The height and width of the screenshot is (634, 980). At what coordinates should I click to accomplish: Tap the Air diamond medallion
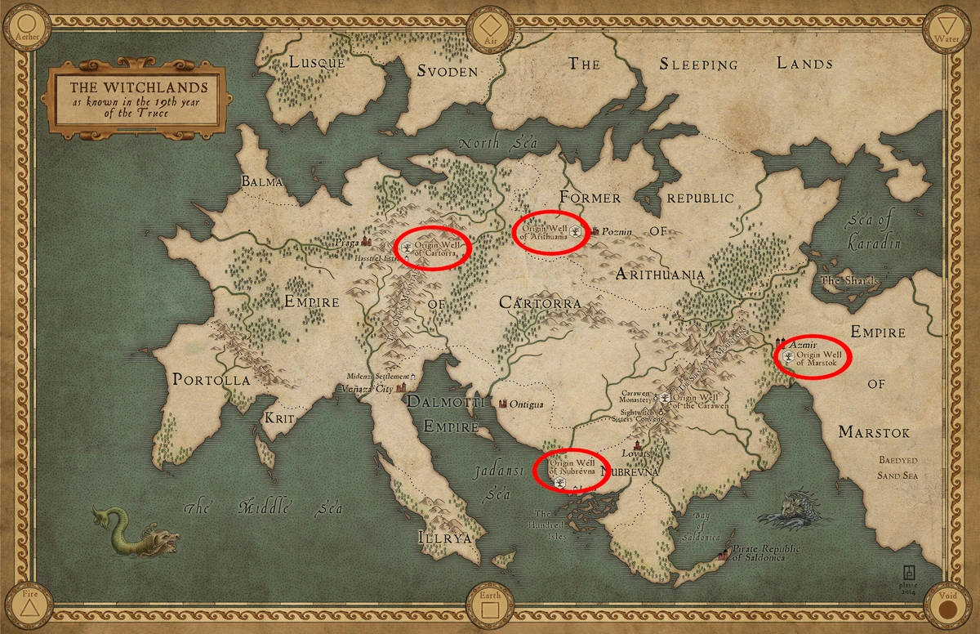[x=489, y=25]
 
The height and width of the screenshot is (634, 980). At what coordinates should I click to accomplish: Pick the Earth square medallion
[x=489, y=609]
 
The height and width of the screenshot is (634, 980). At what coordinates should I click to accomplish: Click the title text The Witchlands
[x=137, y=87]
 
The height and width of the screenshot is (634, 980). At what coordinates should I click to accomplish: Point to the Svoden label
[x=447, y=71]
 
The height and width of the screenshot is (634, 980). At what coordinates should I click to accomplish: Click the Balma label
[x=261, y=181]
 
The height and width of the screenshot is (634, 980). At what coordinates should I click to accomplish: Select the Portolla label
[x=211, y=380]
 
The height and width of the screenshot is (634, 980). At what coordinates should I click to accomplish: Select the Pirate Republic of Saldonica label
[x=766, y=553]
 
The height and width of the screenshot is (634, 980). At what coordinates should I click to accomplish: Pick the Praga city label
[x=346, y=243]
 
